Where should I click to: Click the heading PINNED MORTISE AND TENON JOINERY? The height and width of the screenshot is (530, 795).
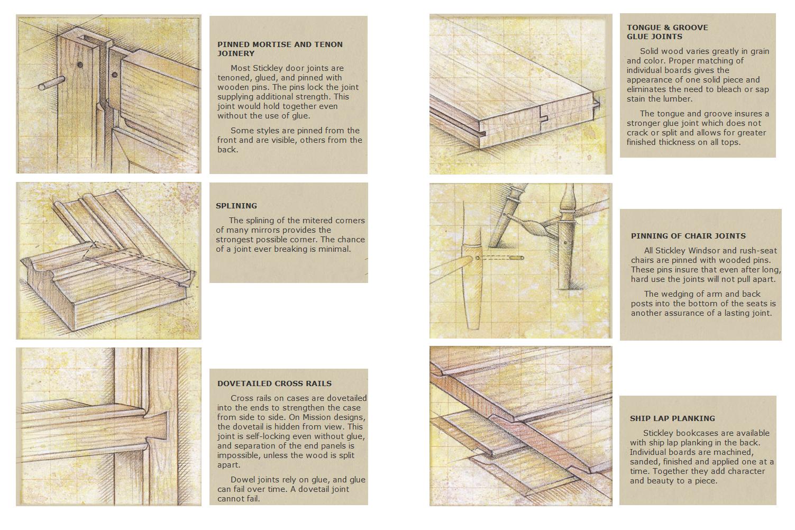coord(280,49)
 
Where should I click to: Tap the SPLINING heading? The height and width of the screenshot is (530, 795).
coord(236,206)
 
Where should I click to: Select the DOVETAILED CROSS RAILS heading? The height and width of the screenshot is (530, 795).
coord(275,383)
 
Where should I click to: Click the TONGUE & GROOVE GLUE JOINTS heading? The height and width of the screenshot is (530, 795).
coord(667,32)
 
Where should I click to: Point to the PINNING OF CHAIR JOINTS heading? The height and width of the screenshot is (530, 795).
coord(688,236)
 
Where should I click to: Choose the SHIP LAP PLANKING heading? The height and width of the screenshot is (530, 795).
coord(673,418)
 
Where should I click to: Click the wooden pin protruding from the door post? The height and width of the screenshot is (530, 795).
coord(52,83)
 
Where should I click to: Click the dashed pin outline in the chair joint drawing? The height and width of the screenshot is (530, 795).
coord(500,258)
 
